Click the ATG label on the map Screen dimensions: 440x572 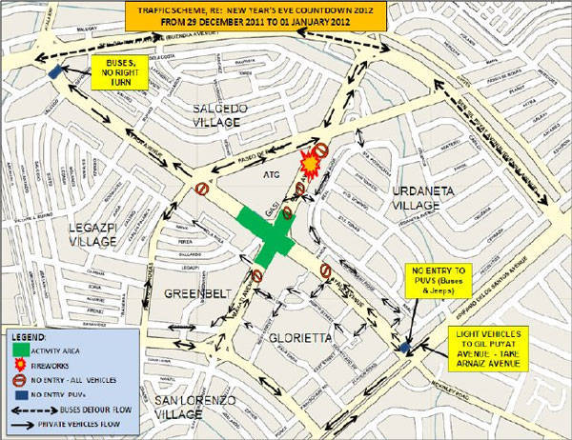pos(270,175)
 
